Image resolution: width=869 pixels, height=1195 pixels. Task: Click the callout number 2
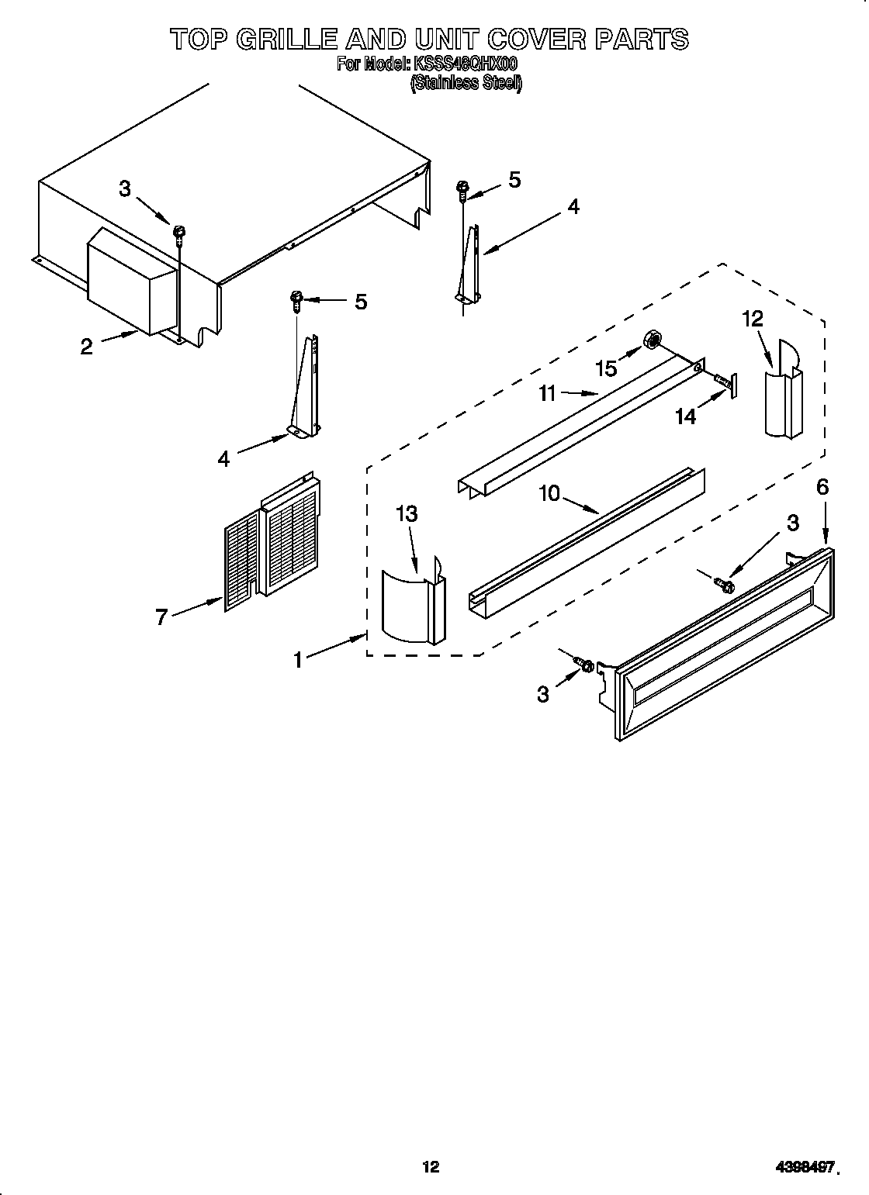tap(86, 347)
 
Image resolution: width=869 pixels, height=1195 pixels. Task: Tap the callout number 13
tap(407, 513)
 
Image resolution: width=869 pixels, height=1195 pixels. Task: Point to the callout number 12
tap(753, 318)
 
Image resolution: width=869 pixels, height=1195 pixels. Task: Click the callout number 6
tap(822, 487)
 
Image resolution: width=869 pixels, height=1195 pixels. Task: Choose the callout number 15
tap(607, 368)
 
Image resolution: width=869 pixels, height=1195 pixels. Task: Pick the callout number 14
tap(685, 416)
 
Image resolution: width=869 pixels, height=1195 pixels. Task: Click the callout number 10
tap(549, 493)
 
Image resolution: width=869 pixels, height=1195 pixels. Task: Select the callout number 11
tap(548, 394)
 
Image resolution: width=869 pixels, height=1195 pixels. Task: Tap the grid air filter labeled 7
tap(272, 535)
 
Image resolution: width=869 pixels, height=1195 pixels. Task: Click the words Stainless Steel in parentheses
tap(466, 84)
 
